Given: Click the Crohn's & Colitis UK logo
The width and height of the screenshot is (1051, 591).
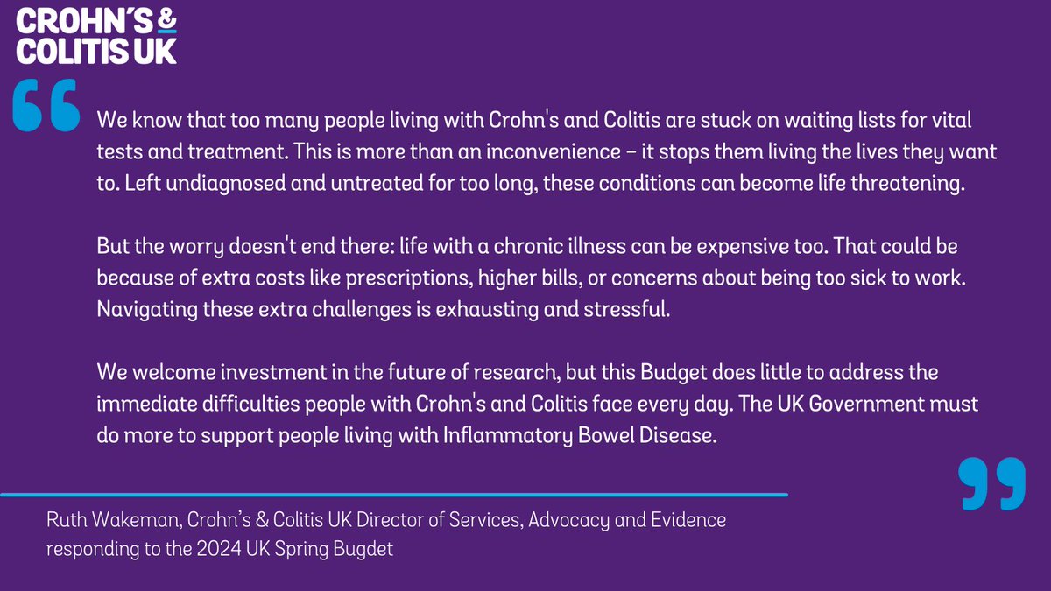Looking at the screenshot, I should tap(95, 36).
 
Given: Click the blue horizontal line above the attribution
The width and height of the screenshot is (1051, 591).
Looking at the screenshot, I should tap(394, 495).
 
